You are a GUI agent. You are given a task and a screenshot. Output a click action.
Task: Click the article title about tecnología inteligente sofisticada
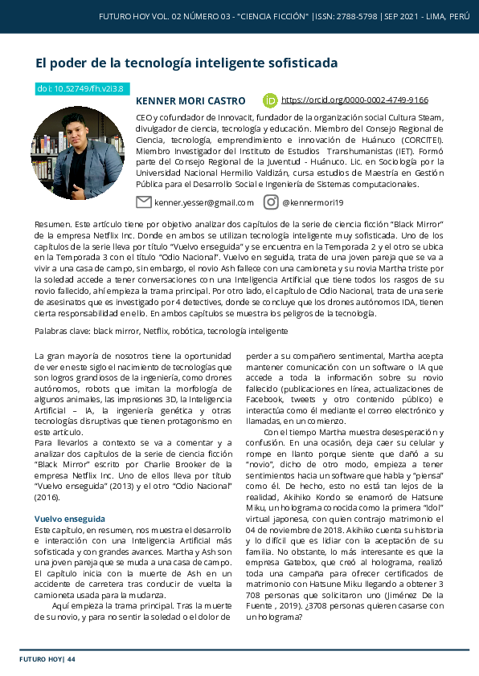point(186,63)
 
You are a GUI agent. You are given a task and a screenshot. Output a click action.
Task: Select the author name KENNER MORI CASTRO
point(190,101)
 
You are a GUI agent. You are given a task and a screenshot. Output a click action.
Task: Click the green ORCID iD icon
point(270,100)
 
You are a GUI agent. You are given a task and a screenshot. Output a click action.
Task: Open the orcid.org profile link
point(354,100)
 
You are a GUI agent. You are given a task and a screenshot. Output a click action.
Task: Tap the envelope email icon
point(144,202)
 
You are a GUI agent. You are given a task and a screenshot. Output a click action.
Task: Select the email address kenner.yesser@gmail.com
point(203,203)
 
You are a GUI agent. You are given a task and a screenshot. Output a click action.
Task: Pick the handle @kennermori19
point(313,203)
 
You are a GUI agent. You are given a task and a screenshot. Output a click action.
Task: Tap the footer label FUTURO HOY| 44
point(47,659)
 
